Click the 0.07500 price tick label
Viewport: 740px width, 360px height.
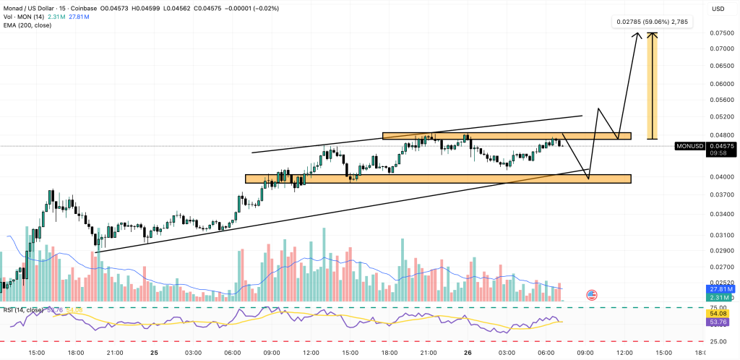point(722,33)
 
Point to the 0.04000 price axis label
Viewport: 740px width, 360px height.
point(722,177)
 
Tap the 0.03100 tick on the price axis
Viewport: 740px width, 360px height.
point(722,236)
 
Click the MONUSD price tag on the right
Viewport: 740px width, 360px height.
point(689,146)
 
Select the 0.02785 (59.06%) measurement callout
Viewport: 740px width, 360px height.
point(652,22)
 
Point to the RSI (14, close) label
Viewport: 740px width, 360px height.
point(25,311)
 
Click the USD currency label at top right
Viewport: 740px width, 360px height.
point(718,9)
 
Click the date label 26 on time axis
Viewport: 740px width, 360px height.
point(467,353)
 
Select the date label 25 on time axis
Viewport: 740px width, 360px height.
point(155,353)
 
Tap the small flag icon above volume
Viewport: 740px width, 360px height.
point(592,295)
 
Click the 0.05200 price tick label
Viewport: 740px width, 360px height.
point(722,116)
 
